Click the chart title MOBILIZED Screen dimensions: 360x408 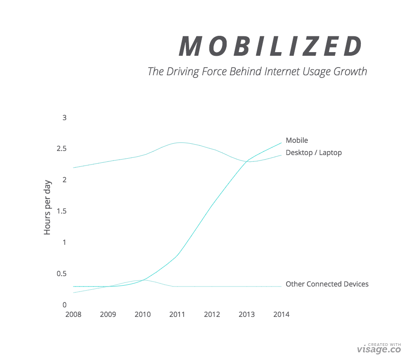[x=271, y=46]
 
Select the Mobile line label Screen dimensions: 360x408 [x=296, y=141]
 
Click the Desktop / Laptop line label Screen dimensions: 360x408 [x=313, y=153]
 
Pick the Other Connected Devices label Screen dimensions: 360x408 [x=327, y=284]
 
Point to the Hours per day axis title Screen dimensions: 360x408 [x=48, y=207]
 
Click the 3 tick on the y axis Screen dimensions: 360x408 [x=64, y=118]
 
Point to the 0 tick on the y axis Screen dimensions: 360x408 [x=64, y=305]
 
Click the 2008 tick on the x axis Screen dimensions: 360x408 [x=73, y=315]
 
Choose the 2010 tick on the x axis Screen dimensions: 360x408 [x=143, y=315]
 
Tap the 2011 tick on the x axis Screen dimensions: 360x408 [x=177, y=315]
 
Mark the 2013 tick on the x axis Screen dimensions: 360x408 [x=247, y=315]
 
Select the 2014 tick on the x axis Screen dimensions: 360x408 [x=281, y=315]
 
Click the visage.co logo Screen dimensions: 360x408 [x=379, y=349]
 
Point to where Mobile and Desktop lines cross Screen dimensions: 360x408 [x=248, y=161]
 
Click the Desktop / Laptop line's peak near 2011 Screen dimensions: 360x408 [x=180, y=142]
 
